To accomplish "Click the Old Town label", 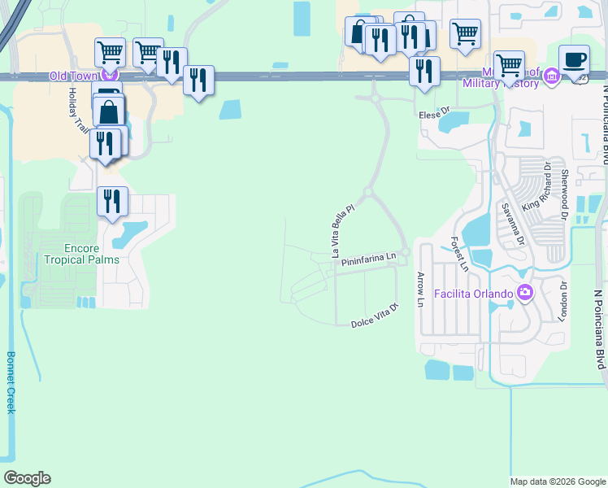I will (72, 76).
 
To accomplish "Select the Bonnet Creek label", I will (11, 382).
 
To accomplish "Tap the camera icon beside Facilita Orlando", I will (525, 292).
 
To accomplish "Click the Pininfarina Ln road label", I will (368, 260).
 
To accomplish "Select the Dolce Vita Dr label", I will (376, 316).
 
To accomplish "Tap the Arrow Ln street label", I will (421, 290).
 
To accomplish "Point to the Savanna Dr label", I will (510, 224).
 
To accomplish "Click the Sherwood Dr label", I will (563, 190).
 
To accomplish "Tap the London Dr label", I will (563, 302).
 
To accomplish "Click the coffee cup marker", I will (575, 61).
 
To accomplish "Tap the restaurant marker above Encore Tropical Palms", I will (112, 201).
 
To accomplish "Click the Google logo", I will (27, 478).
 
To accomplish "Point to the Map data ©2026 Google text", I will (557, 481).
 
